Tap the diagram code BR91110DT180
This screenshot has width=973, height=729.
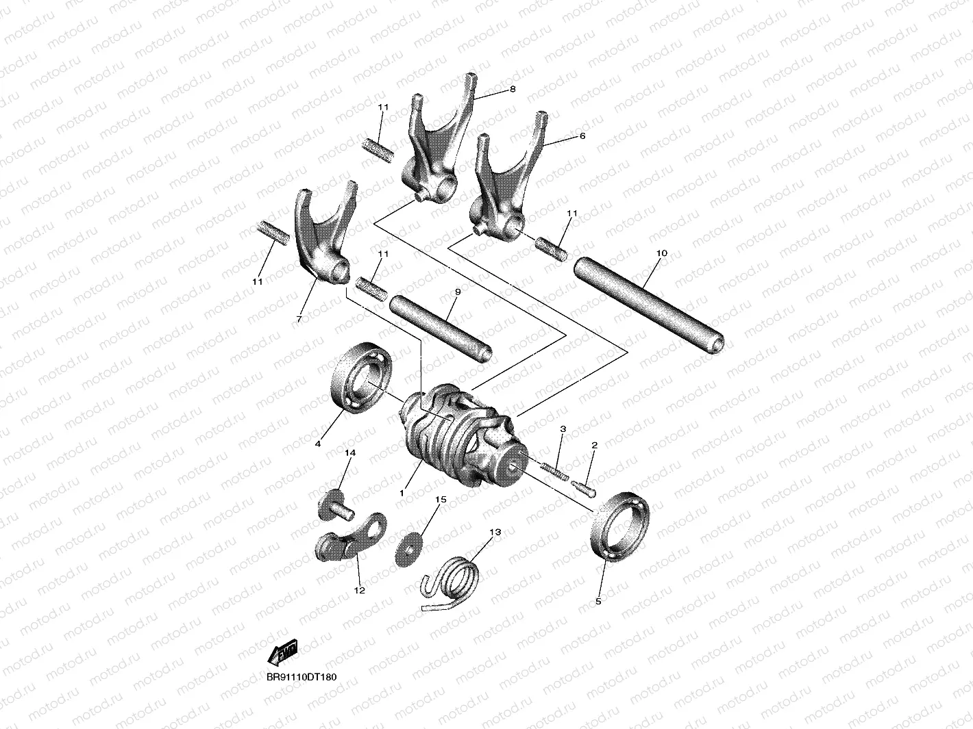(301, 677)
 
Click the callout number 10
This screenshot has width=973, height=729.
(661, 253)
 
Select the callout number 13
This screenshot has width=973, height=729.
(495, 532)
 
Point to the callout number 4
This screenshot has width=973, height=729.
(318, 444)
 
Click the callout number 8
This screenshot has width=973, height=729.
(512, 90)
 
